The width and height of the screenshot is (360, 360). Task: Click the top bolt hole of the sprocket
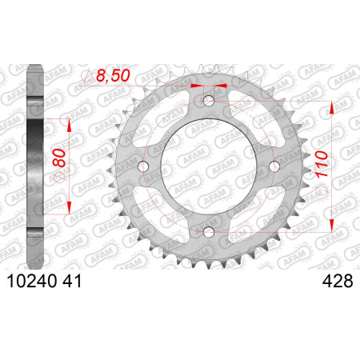click(x=209, y=101)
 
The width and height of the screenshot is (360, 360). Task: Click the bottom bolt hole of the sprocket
click(x=209, y=231)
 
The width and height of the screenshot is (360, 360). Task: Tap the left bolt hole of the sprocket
click(x=143, y=166)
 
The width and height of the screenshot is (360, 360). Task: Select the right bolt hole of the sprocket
click(x=274, y=166)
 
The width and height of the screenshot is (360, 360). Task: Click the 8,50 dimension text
click(x=113, y=75)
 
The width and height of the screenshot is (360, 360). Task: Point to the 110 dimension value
click(x=322, y=164)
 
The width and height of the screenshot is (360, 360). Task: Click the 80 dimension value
click(x=59, y=158)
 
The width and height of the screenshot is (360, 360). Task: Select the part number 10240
click(x=32, y=281)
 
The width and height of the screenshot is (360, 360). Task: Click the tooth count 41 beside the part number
click(x=72, y=281)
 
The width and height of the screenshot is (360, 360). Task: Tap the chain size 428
click(x=338, y=281)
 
